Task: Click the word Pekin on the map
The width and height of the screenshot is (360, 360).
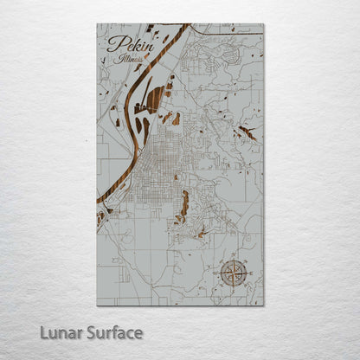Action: tap(124, 46)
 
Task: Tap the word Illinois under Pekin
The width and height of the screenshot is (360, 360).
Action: tap(133, 61)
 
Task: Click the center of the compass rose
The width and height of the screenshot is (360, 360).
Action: tap(232, 273)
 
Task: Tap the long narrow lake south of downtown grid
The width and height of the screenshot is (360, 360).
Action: tap(184, 205)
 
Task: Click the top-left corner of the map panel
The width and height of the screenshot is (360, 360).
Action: tap(97, 23)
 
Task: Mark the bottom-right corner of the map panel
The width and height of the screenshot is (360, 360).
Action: tap(263, 305)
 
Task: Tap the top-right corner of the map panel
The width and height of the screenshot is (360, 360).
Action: tap(263, 23)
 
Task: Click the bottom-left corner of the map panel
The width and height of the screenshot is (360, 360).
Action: tap(97, 305)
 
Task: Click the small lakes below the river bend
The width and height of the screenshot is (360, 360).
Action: tap(104, 216)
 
